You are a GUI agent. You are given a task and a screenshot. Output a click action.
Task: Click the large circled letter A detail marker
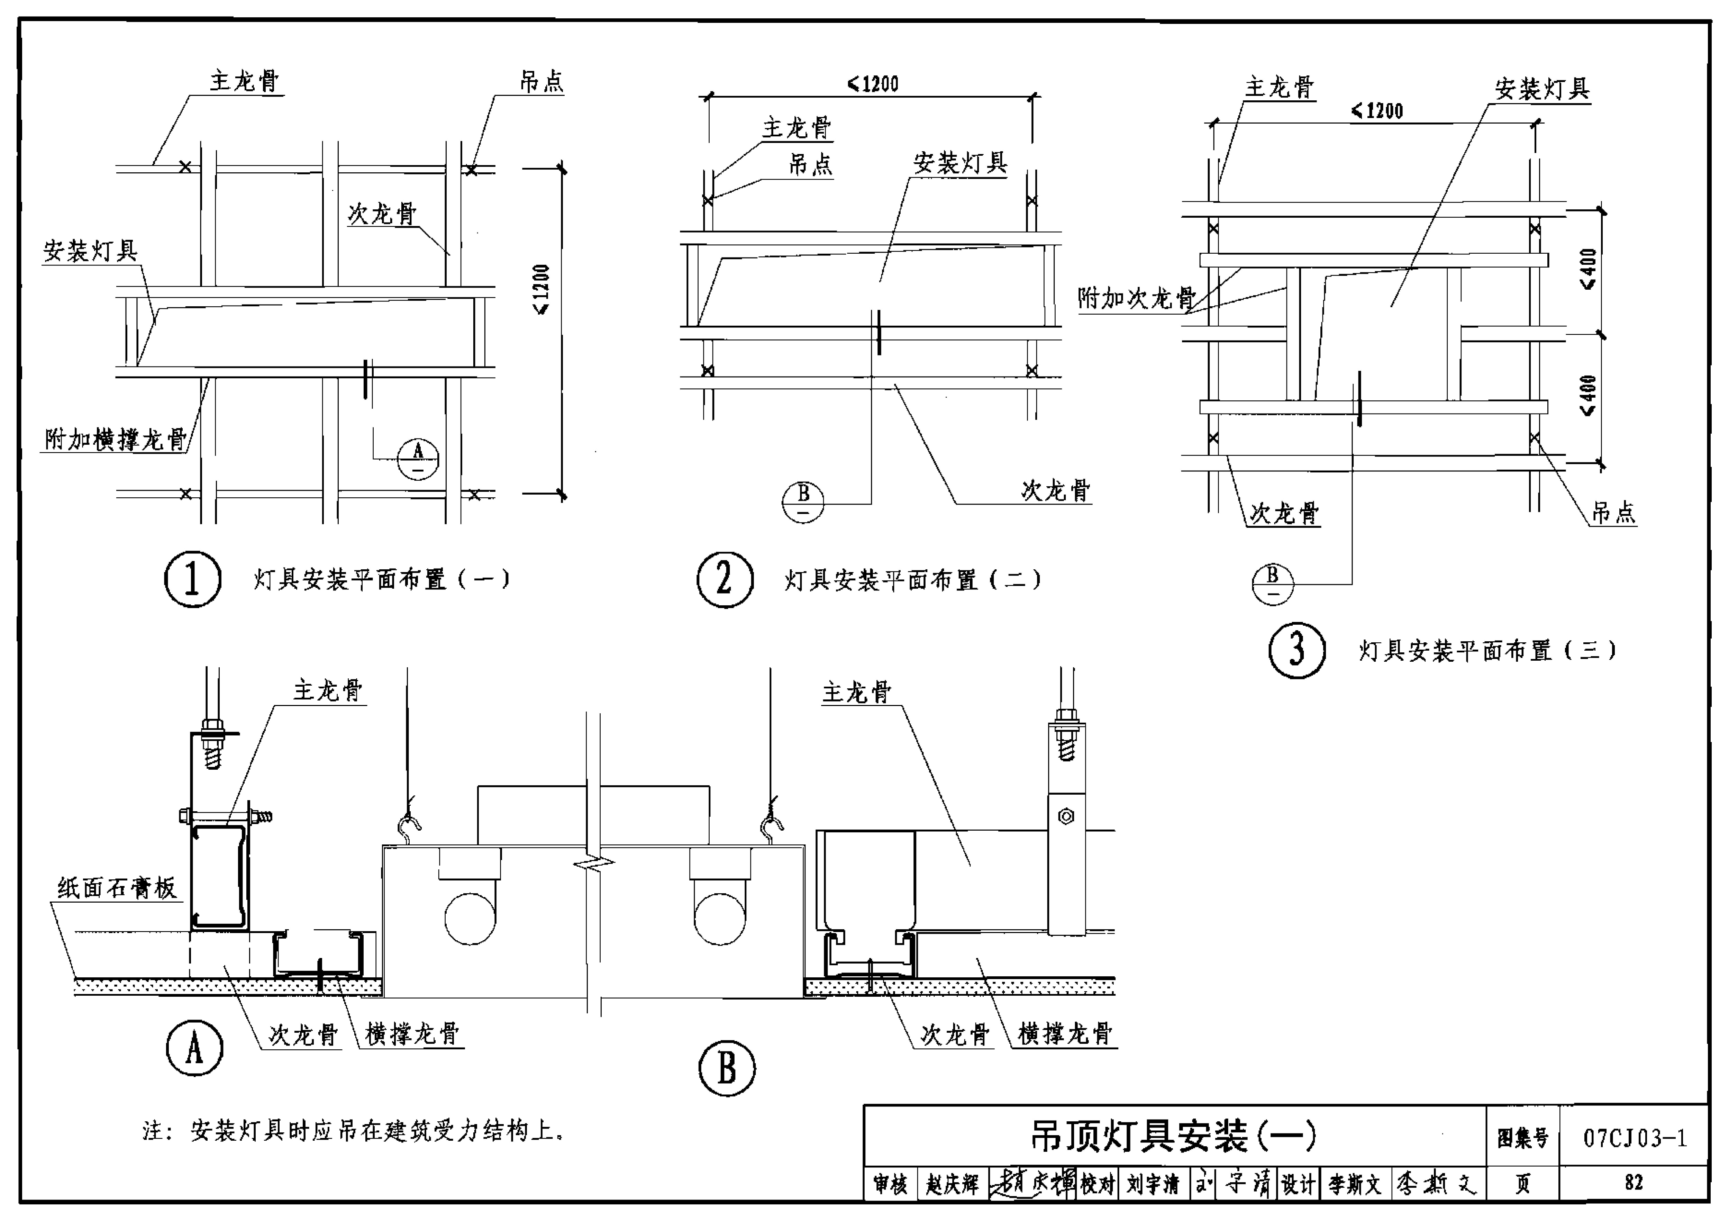coord(194,1048)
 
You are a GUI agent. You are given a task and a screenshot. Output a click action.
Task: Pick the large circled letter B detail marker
coord(727,1068)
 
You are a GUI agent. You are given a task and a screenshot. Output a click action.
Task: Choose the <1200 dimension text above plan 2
coord(874,84)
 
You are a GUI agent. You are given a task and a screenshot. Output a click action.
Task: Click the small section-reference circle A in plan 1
coord(418,458)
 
